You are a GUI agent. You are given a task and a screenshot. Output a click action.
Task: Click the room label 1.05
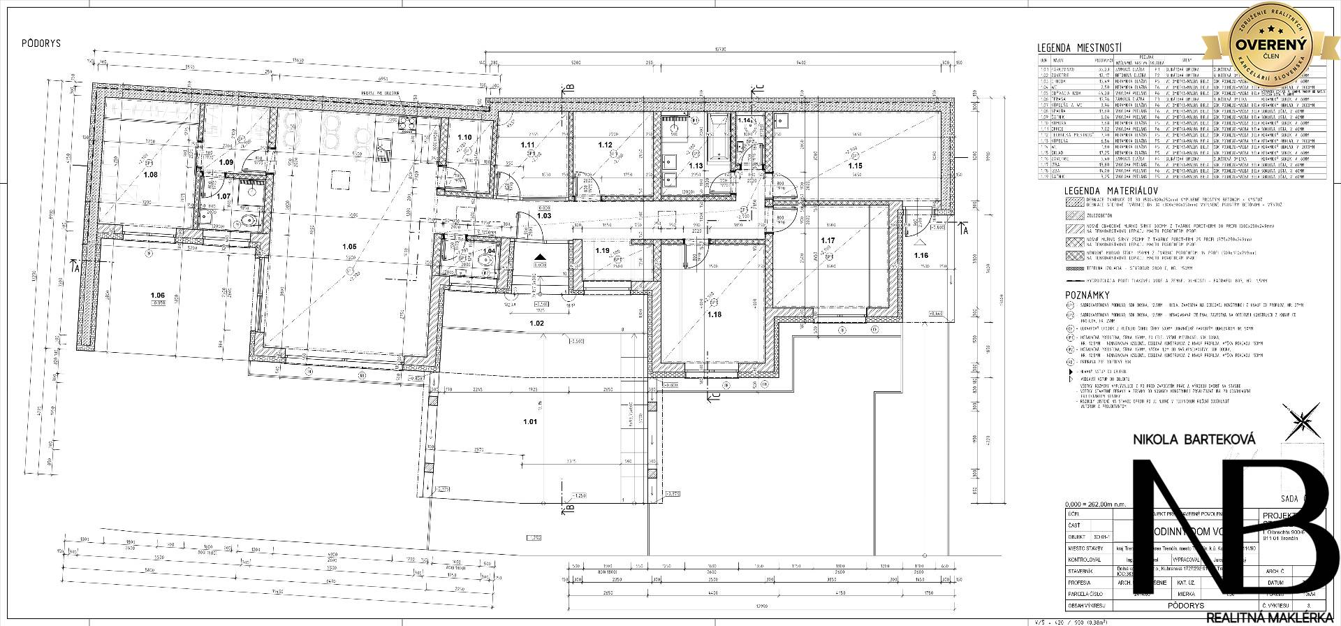click(x=350, y=246)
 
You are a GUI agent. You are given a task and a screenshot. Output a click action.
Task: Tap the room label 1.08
click(x=150, y=174)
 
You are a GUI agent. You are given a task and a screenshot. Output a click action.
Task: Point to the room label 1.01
click(x=530, y=422)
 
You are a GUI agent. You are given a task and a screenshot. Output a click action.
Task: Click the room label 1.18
click(x=714, y=315)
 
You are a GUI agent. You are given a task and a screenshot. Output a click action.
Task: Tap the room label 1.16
click(x=921, y=256)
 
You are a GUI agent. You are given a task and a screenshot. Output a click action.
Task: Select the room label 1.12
click(x=605, y=145)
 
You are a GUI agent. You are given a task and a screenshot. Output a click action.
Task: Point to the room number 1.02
click(x=536, y=323)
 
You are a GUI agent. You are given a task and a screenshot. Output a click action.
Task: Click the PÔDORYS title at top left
click(x=41, y=43)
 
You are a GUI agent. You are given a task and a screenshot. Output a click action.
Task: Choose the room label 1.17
click(x=828, y=240)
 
